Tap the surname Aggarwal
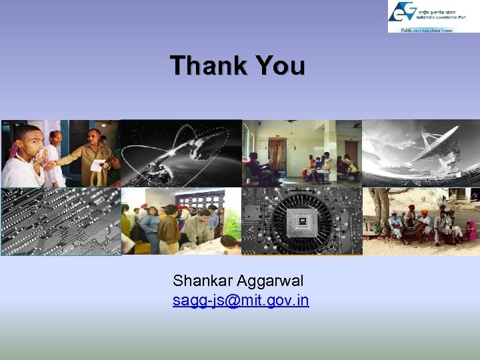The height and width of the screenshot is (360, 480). (272, 281)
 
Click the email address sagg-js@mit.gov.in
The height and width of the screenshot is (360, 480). (241, 301)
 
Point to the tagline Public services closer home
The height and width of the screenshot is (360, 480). (426, 30)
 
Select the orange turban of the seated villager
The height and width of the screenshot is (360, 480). (425, 213)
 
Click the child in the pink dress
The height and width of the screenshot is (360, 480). (471, 231)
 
